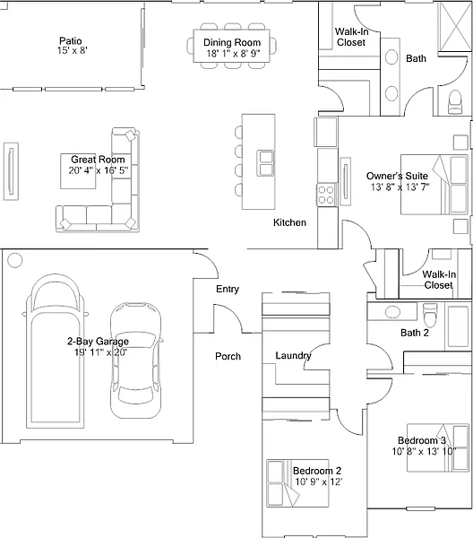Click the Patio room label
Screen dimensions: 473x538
point(71,41)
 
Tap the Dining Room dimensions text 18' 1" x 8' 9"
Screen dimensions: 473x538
point(233,54)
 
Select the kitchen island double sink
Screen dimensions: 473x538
point(266,163)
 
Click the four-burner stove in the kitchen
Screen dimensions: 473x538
point(325,195)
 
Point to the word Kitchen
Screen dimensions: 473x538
point(289,222)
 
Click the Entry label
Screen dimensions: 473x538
point(228,289)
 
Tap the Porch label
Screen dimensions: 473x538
point(228,356)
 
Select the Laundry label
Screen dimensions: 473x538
point(294,356)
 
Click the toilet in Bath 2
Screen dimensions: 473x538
point(431,315)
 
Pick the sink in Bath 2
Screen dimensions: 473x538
point(392,312)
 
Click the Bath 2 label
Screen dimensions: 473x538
point(415,333)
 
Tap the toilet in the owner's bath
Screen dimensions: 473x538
point(455,101)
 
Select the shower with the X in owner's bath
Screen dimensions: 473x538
point(455,27)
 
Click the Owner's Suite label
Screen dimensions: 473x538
point(397,176)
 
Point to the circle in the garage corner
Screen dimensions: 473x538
point(14,260)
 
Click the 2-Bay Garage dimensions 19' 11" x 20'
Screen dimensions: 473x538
point(100,352)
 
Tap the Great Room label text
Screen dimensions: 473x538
point(98,160)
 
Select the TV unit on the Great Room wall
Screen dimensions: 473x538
point(11,171)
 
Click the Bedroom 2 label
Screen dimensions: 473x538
point(317,471)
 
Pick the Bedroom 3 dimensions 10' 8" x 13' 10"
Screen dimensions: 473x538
point(424,451)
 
